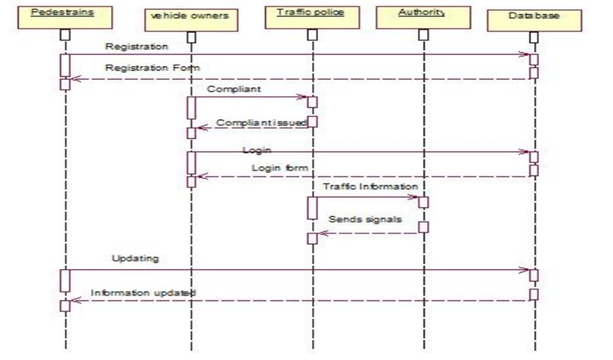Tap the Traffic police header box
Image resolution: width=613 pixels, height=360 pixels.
click(309, 14)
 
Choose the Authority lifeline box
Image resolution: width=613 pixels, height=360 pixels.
click(422, 14)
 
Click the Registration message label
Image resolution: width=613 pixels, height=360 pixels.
click(137, 46)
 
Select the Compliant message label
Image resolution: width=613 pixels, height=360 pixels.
click(235, 89)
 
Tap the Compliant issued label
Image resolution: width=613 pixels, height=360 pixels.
click(261, 123)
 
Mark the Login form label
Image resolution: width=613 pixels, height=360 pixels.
click(279, 168)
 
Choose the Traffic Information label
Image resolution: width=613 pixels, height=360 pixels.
click(370, 188)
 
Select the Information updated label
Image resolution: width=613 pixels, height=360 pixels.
click(143, 293)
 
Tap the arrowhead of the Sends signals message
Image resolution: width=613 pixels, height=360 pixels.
click(320, 233)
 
